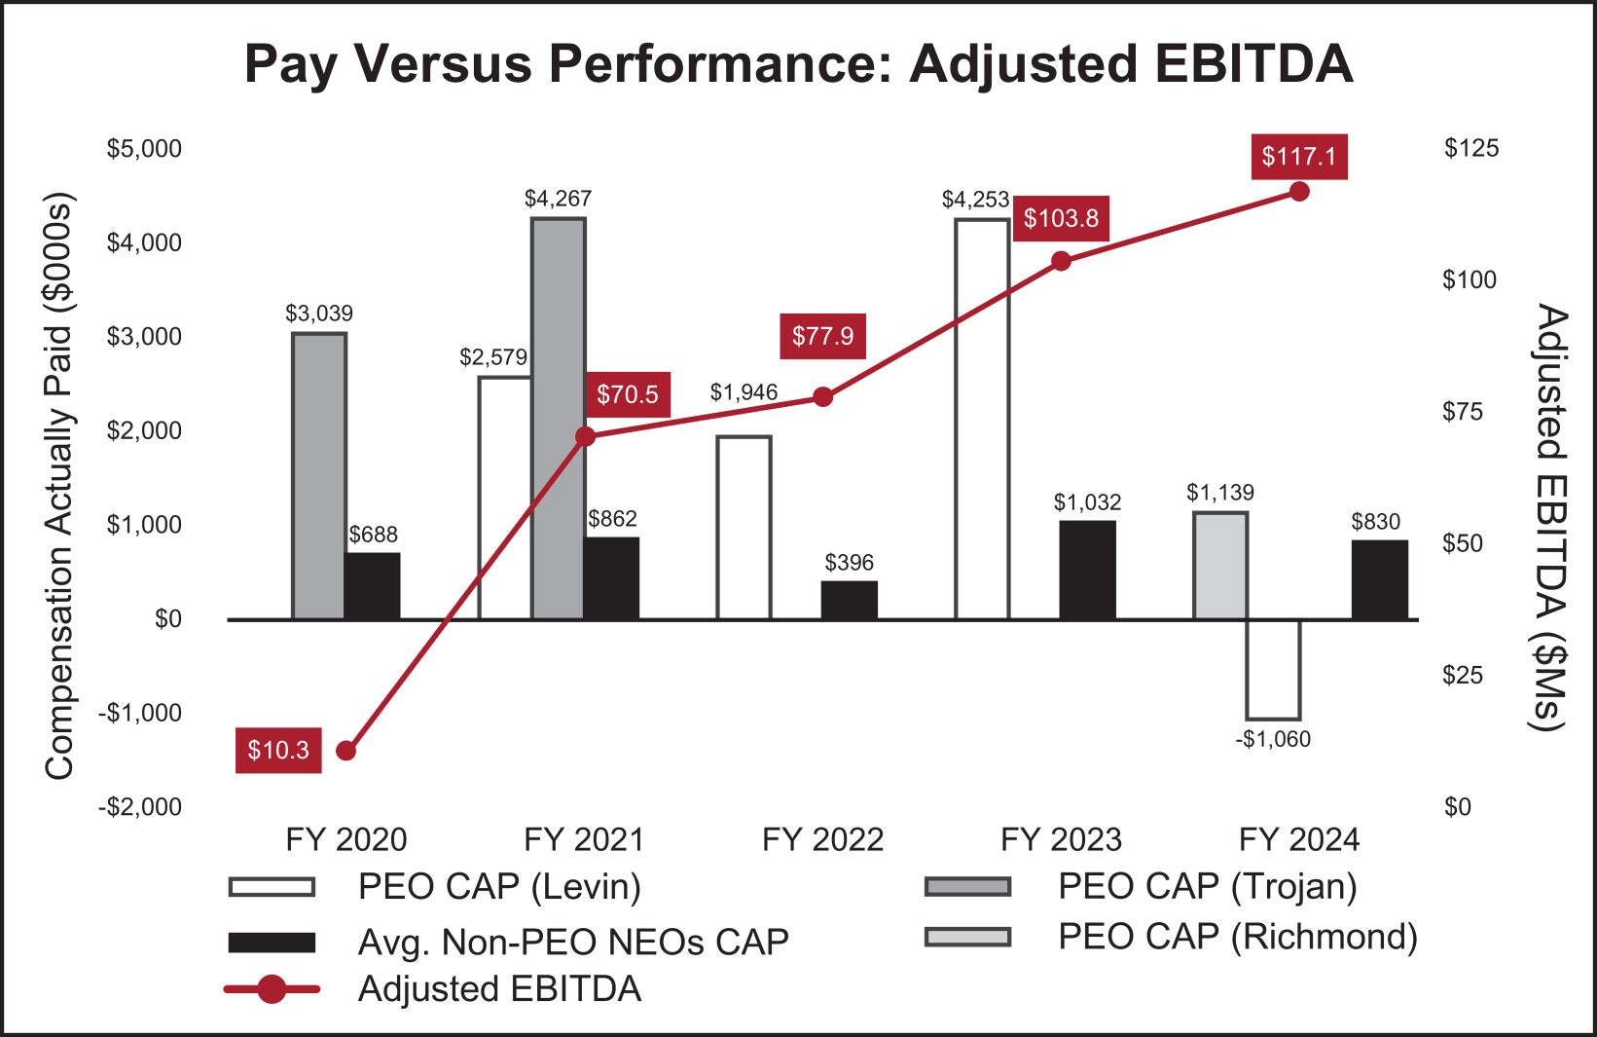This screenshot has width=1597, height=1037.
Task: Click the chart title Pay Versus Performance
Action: click(x=798, y=64)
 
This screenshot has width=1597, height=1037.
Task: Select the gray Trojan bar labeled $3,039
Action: click(x=319, y=476)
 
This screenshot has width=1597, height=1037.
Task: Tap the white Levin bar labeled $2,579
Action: click(x=504, y=498)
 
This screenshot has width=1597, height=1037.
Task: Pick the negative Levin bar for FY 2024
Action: click(x=1273, y=669)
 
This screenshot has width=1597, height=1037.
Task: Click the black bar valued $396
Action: click(x=849, y=600)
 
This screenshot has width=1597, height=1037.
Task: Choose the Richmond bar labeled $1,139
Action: click(x=1220, y=566)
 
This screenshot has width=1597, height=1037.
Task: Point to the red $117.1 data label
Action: click(x=1299, y=157)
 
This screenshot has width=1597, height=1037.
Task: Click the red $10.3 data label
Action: click(x=278, y=750)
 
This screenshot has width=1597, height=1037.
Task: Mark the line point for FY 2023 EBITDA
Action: click(x=1062, y=261)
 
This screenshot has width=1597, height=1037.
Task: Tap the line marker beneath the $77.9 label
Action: click(x=823, y=397)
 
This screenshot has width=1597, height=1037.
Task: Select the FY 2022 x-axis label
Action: click(x=822, y=839)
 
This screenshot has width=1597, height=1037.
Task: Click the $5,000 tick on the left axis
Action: click(x=144, y=148)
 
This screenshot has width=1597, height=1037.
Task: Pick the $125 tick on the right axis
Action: click(x=1470, y=148)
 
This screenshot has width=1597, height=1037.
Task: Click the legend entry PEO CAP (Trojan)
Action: click(x=1207, y=886)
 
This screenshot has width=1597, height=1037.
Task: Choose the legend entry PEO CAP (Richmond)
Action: click(x=1237, y=937)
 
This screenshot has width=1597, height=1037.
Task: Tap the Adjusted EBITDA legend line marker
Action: click(x=272, y=989)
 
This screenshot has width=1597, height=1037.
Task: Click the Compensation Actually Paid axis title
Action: click(x=59, y=487)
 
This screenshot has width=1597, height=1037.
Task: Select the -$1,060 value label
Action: click(x=1273, y=739)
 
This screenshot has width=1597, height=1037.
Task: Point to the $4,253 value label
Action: click(x=975, y=200)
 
